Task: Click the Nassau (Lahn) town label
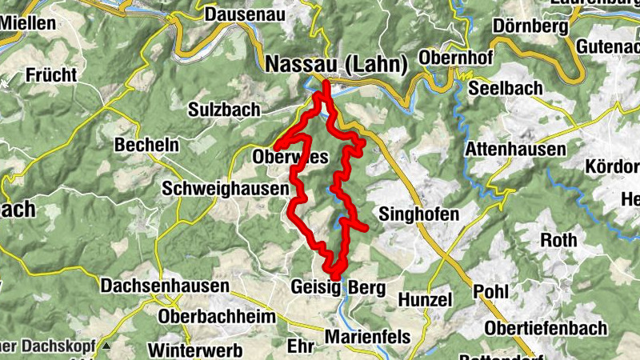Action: (x=337, y=63)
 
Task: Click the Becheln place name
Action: (x=146, y=146)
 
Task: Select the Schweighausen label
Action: (x=224, y=189)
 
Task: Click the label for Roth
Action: (x=558, y=240)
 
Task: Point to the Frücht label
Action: (x=51, y=76)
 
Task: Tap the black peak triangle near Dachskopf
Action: (x=105, y=346)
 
